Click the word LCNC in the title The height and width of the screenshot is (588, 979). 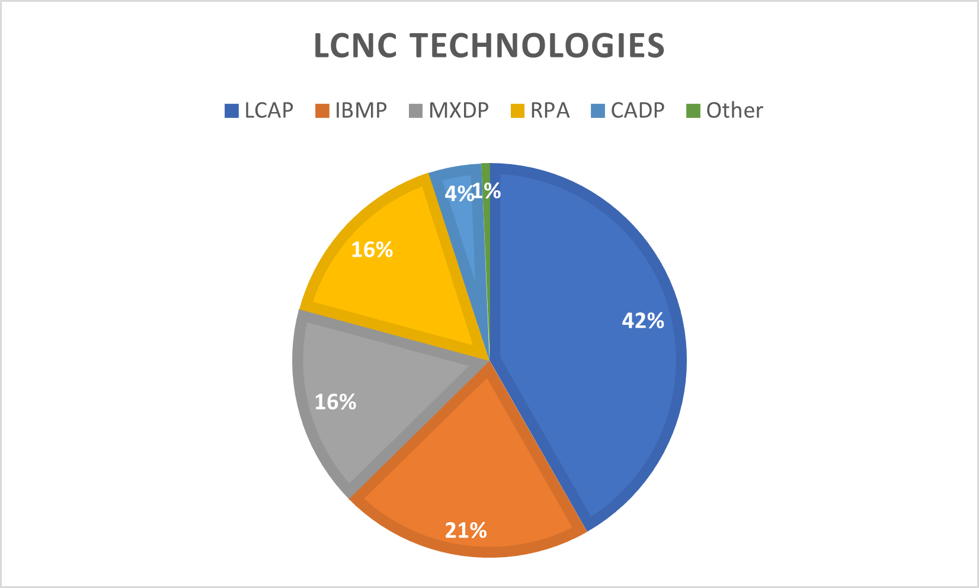point(354,46)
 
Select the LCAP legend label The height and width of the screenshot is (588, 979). point(268,111)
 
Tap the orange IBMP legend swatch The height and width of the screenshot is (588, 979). point(322,111)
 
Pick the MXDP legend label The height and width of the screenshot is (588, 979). point(458,111)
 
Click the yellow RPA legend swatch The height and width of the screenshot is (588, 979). point(517,111)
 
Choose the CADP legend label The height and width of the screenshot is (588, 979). point(637,111)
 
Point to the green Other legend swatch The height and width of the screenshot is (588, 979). point(693,111)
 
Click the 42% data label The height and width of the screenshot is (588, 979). point(642,321)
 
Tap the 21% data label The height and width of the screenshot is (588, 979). point(466,530)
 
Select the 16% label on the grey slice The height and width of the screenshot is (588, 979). point(335,402)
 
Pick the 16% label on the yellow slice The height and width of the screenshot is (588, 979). point(372,250)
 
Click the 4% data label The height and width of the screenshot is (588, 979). point(457,193)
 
